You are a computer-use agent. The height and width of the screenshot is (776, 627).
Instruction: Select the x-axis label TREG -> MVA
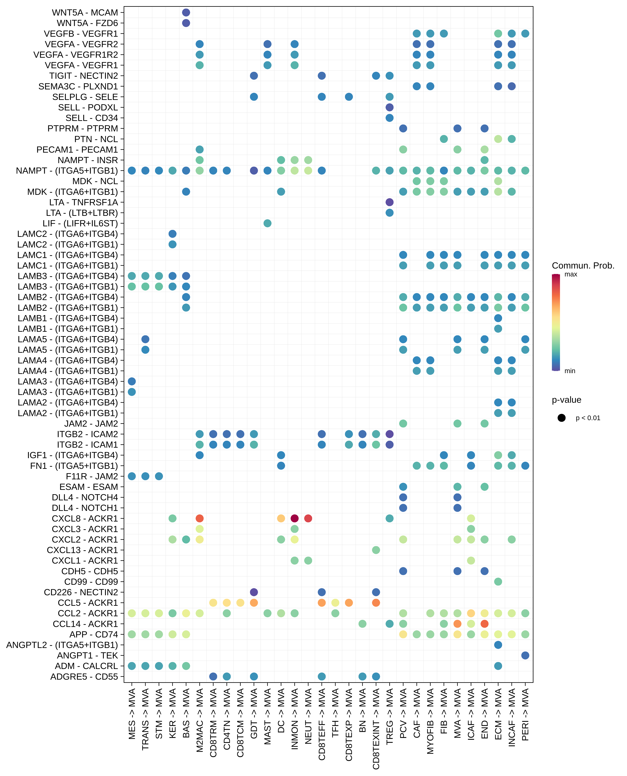click(x=389, y=716)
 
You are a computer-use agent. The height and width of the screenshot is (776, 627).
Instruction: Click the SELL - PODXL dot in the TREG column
click(x=389, y=107)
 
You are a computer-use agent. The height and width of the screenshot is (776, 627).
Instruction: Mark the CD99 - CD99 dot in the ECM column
click(x=498, y=582)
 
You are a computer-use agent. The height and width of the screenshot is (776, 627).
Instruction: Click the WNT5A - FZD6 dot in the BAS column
click(x=186, y=23)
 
